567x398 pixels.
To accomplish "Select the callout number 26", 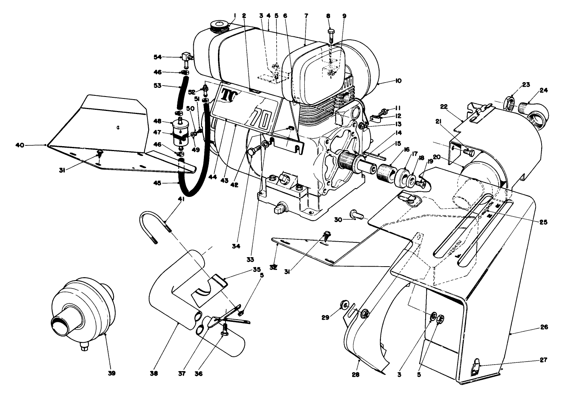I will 544,327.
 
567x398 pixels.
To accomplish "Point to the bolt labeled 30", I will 356,214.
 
